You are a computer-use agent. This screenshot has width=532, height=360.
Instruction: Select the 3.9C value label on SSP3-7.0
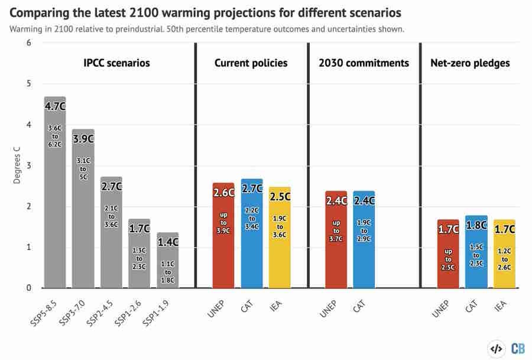tap(83, 139)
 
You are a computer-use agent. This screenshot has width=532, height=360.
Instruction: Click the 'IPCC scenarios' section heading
tap(116, 63)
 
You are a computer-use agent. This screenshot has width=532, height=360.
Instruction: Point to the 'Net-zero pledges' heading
tap(470, 63)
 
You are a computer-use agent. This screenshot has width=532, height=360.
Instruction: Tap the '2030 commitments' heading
tap(364, 63)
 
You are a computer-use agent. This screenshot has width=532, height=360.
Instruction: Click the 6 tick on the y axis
tap(28, 43)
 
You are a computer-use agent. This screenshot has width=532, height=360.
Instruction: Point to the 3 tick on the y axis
tap(28, 166)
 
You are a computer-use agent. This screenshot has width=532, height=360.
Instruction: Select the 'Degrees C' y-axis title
tap(17, 166)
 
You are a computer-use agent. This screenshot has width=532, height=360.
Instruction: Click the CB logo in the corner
tap(517, 348)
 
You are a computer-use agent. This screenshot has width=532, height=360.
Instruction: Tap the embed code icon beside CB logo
tap(496, 348)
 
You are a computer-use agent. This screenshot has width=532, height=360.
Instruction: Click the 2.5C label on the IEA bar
tap(280, 196)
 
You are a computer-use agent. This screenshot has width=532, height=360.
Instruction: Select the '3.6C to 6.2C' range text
tap(55, 136)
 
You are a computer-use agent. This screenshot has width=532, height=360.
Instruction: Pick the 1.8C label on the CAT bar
tap(476, 225)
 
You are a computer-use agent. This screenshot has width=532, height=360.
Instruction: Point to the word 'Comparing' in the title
tap(42, 12)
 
